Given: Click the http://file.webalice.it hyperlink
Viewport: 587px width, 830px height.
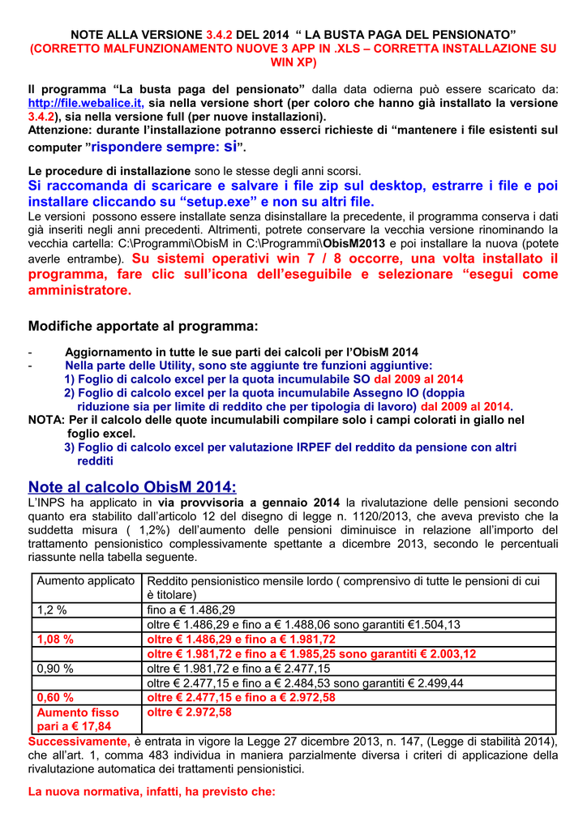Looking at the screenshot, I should [x=86, y=104].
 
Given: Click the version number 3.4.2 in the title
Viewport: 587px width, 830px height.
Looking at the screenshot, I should [x=219, y=35].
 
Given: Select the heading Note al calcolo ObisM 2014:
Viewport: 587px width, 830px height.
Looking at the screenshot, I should [x=132, y=487].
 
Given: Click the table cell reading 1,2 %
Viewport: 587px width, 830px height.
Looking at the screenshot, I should [x=51, y=610].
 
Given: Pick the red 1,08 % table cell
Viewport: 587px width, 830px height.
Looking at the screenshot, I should [x=56, y=639].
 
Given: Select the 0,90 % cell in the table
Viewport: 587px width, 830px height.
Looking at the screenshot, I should [x=55, y=669].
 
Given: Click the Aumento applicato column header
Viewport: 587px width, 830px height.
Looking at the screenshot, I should [x=86, y=581].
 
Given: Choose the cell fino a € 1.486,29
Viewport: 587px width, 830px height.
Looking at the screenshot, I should [x=191, y=610].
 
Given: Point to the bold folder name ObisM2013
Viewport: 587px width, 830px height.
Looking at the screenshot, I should [x=357, y=243].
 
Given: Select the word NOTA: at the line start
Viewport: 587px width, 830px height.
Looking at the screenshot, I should [x=47, y=420].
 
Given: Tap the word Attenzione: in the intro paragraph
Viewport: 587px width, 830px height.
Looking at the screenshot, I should [x=59, y=130].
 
